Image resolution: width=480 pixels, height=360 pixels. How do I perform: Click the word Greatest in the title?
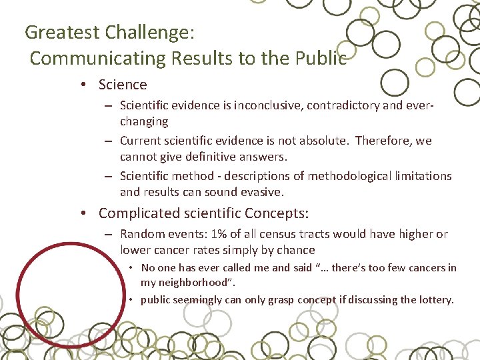click(62, 32)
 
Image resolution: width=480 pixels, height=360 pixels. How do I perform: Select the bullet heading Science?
click(123, 85)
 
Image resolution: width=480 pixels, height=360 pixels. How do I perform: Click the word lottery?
click(433, 299)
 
